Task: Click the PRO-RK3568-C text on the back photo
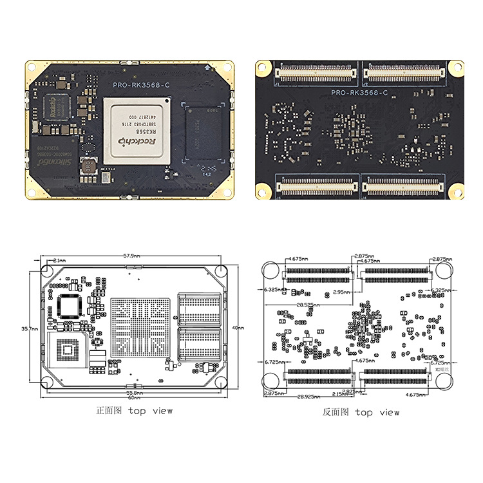[x=359, y=93]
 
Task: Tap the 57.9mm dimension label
[x=131, y=256]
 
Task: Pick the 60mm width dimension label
[x=133, y=398]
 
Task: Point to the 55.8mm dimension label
[x=134, y=392]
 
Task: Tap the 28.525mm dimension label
[x=309, y=305]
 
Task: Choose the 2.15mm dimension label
[x=339, y=393]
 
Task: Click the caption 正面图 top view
[x=134, y=410]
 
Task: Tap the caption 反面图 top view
[x=361, y=412]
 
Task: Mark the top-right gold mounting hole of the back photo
[x=456, y=66]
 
